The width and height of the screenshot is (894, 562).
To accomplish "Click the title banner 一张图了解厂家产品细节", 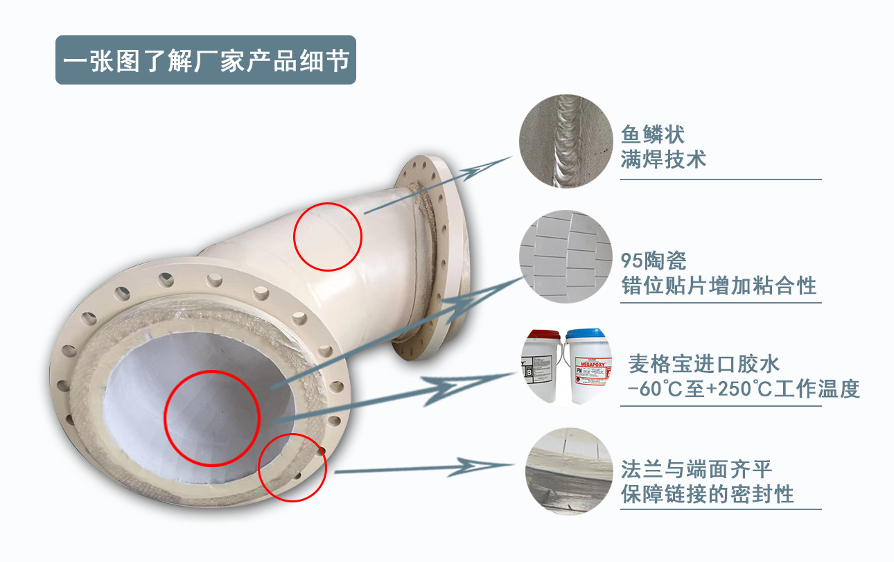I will click(x=205, y=60).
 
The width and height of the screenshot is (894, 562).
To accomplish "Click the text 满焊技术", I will click(x=663, y=159).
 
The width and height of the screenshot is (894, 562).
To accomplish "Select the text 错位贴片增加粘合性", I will click(x=719, y=286).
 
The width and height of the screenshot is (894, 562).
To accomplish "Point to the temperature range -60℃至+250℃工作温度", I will click(x=743, y=389).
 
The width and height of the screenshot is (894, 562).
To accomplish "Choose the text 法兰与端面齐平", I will click(x=696, y=469).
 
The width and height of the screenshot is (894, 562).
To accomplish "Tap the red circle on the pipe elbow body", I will click(x=328, y=236).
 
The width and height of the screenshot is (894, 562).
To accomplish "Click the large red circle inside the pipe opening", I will click(x=211, y=417).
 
